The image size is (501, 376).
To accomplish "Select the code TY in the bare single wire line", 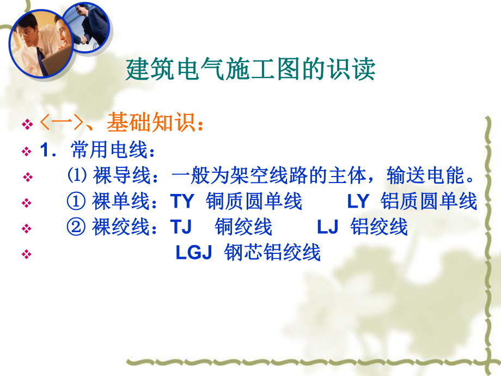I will pos(182,201).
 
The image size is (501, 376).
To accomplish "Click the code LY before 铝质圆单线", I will pos(358,201).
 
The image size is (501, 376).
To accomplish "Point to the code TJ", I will pos(181,227).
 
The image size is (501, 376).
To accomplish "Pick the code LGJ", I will pos(193,253).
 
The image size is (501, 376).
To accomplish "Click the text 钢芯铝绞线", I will pos(272,253).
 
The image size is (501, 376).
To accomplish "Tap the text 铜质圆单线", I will pos(254,201).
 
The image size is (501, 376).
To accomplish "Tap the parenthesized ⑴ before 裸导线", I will pos(75,176).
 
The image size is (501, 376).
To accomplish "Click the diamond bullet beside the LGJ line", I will pos(26,254).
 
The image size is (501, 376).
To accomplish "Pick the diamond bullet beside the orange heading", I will pos(26,125).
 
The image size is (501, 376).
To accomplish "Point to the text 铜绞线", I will pos(243,227).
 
